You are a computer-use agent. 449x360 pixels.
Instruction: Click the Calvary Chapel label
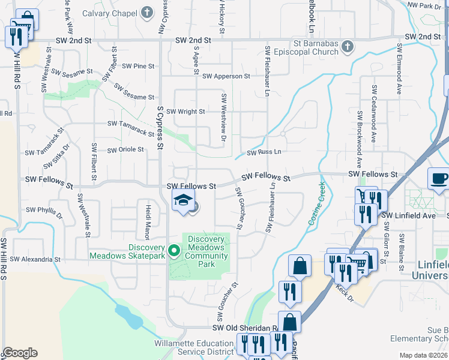coord(110,13)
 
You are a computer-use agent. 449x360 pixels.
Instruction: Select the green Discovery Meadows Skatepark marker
coord(175,250)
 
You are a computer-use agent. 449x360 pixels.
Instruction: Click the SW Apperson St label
coord(226,76)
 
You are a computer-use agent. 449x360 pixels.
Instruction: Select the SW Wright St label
coord(185,111)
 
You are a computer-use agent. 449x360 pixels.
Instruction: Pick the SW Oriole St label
coord(125,149)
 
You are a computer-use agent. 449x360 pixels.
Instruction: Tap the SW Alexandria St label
coord(37,260)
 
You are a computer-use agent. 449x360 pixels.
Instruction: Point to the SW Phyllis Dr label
coord(44,212)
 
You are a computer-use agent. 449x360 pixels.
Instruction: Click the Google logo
coord(20,353)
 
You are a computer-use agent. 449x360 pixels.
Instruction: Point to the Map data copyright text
coord(423,355)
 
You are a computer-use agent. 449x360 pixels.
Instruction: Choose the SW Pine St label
coord(139,66)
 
